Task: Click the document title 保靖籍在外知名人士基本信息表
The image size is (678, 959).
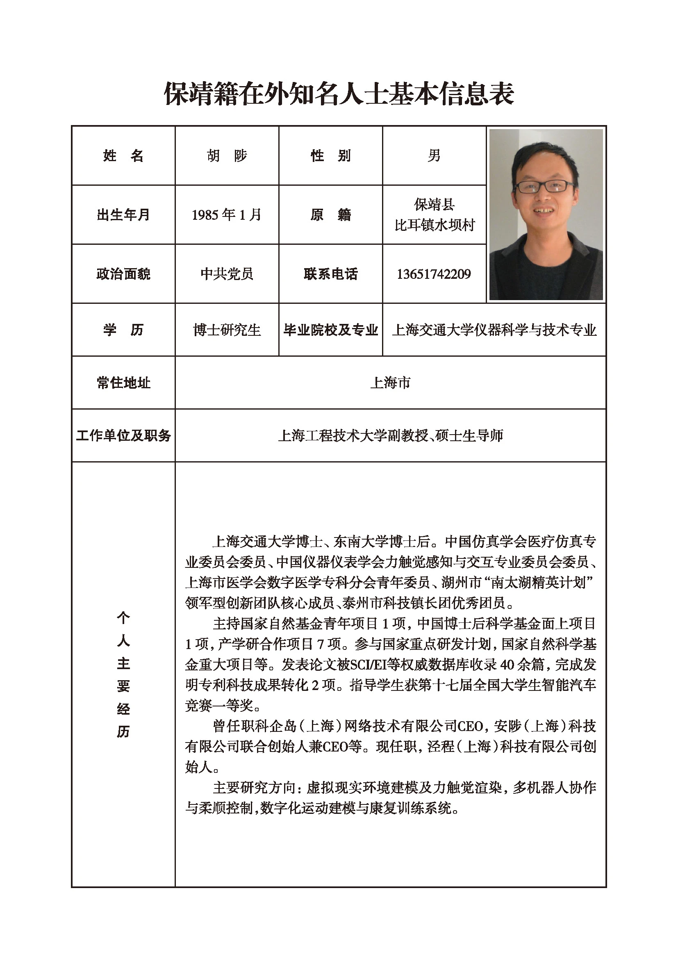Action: point(339,93)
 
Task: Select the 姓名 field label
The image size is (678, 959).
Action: point(123,156)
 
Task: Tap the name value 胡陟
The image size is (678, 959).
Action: point(227,156)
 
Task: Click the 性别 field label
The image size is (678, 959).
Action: point(330,156)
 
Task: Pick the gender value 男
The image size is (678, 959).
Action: point(434,156)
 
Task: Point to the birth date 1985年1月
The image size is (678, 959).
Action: point(227,215)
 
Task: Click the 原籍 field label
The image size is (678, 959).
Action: point(330,215)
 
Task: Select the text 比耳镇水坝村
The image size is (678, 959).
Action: point(434,225)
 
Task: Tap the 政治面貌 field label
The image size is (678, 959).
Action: point(123,274)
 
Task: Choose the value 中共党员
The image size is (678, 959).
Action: point(227,274)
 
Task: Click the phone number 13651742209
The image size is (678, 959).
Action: point(434,274)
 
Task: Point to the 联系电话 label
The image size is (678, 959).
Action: point(330,274)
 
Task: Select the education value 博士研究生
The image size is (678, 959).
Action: point(227,330)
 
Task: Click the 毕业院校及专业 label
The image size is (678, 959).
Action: point(330,330)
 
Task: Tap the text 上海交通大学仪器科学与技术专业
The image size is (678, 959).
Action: point(494,330)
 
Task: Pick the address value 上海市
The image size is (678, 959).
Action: point(390,383)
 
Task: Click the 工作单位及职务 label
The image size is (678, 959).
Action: point(123,436)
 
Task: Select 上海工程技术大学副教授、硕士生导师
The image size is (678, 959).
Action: point(390,436)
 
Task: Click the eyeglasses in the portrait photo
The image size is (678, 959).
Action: point(545,186)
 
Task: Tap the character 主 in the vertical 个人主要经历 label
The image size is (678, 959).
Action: point(123,663)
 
